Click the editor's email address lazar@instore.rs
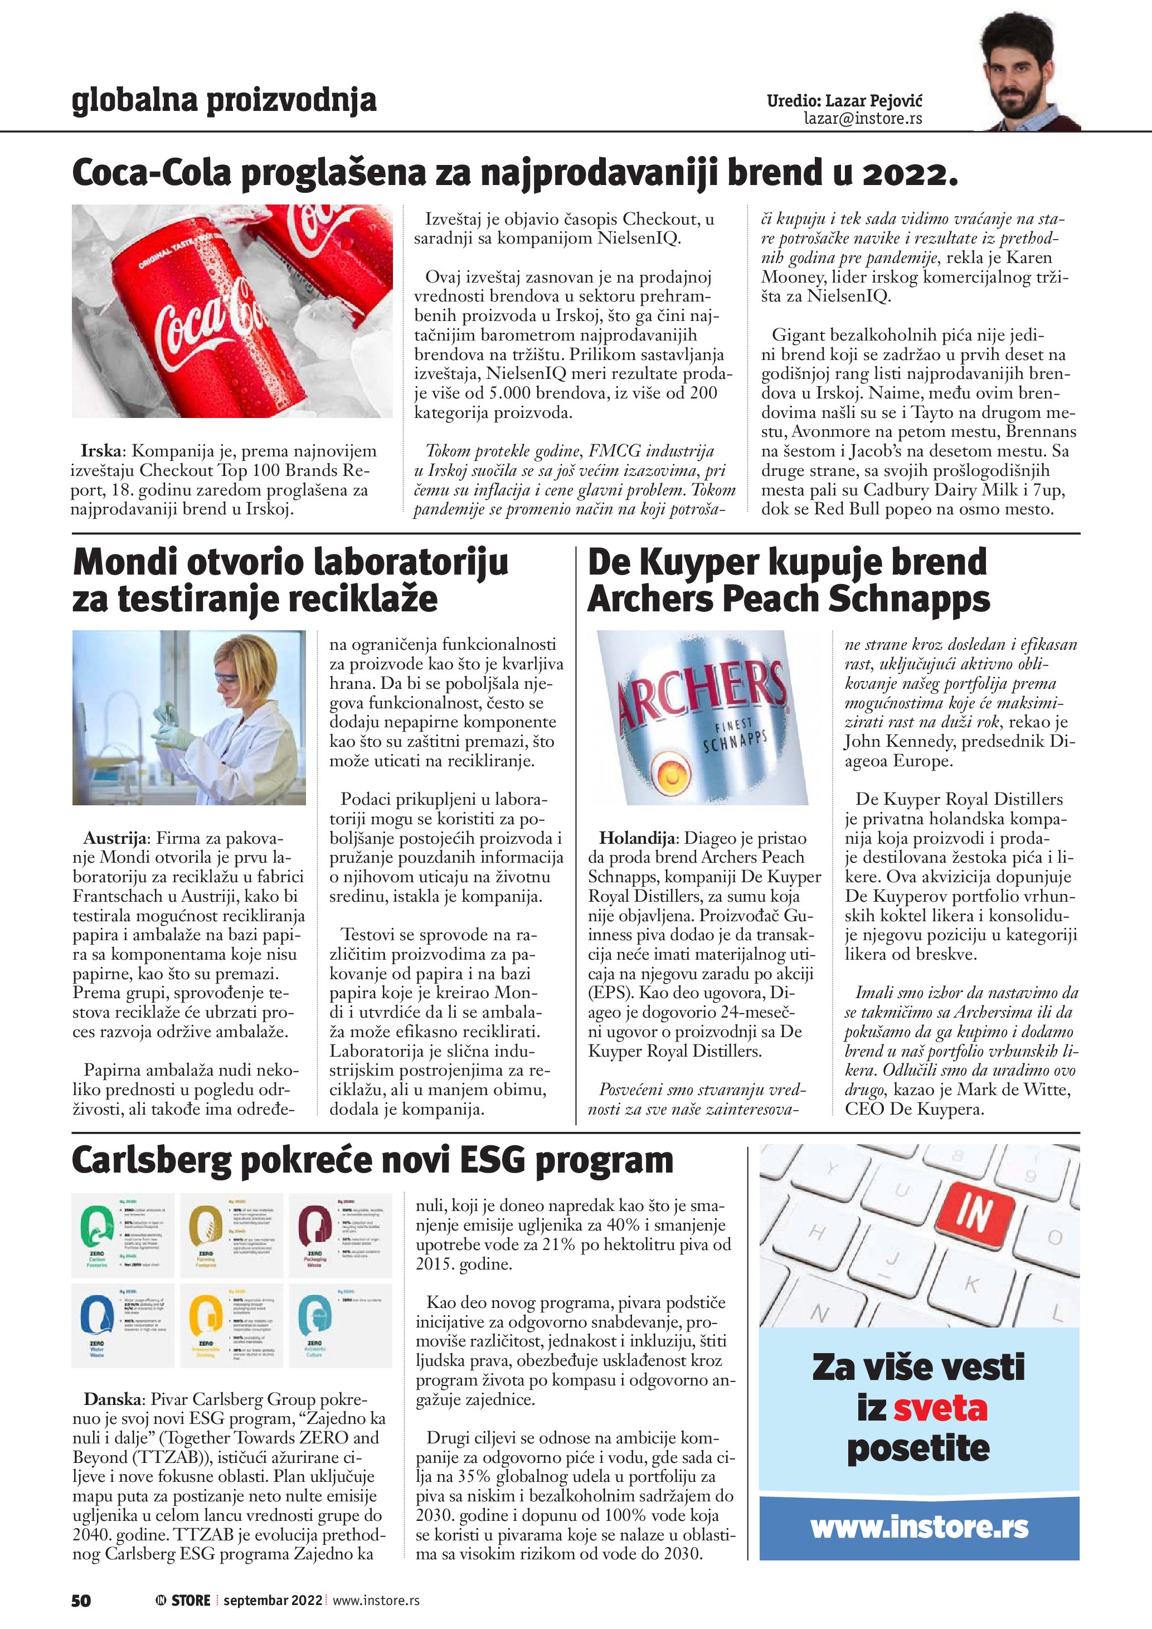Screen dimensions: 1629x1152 pyautogui.click(x=863, y=119)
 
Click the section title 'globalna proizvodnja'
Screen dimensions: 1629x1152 pyautogui.click(x=224, y=101)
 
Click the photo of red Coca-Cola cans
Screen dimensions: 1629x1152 pyautogui.click(x=232, y=311)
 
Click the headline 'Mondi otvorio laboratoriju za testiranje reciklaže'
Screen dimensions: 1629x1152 pyautogui.click(x=290, y=580)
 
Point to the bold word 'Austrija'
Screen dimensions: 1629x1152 pyautogui.click(x=114, y=838)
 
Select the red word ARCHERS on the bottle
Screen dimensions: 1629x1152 pyautogui.click(x=702, y=694)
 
